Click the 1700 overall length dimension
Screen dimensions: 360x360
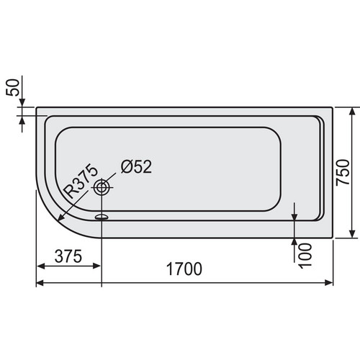pyautogui.click(x=184, y=269)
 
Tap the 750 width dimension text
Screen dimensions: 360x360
pyautogui.click(x=343, y=172)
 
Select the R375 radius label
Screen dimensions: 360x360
pyautogui.click(x=81, y=181)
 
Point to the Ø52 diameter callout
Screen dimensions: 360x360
pyautogui.click(x=136, y=166)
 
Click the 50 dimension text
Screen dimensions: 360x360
pyautogui.click(x=12, y=88)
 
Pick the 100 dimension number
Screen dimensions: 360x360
pyautogui.click(x=305, y=255)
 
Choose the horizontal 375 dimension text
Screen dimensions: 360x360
pyautogui.click(x=68, y=256)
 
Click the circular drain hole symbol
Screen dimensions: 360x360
pyautogui.click(x=102, y=187)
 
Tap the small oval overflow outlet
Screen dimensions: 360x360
pyautogui.click(x=102, y=217)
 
